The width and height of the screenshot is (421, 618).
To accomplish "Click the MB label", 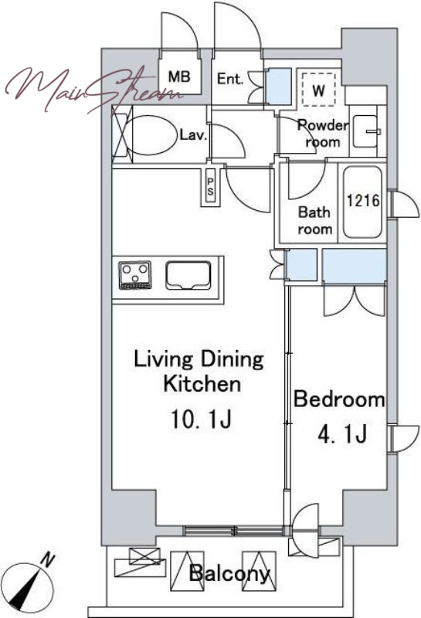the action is (179, 76).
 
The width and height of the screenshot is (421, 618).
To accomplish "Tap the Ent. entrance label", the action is (230, 79).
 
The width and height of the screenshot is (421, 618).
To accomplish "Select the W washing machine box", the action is (318, 90).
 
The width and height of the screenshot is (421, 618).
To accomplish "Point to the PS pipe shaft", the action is (210, 187).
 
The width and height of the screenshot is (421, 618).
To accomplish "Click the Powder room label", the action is (323, 133).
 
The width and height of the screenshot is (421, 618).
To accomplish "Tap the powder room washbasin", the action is (366, 131).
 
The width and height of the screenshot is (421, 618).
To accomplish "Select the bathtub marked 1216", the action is (362, 202).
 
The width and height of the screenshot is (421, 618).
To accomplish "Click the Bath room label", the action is (314, 220).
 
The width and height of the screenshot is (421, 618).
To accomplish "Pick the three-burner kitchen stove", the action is (135, 275).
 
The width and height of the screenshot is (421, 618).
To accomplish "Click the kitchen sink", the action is (188, 275).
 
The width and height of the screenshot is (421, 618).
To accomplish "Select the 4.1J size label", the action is (342, 433).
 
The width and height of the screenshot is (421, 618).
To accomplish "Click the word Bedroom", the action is (339, 399).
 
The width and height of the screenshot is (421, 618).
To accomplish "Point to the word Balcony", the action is (230, 573).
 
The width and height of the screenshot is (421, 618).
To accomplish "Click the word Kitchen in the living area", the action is (202, 383).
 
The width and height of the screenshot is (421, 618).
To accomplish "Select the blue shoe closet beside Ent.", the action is (278, 87).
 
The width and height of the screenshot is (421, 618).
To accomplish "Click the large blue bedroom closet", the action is (355, 266).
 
